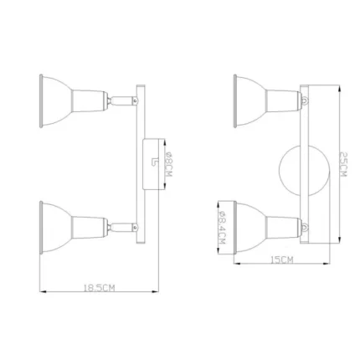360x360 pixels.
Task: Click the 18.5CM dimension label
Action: click(100, 288)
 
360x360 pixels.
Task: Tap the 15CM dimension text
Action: click(282, 260)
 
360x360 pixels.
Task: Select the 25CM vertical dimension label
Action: click(343, 164)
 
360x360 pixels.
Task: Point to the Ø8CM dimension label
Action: click(169, 164)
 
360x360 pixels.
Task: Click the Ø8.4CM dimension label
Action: click(222, 228)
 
